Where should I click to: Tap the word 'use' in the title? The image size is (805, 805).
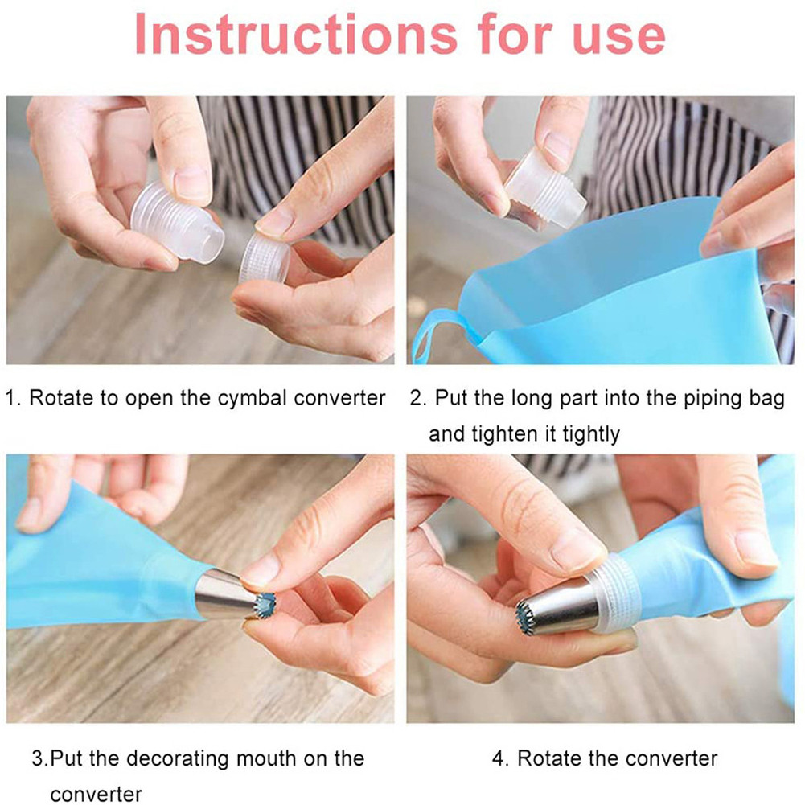(618, 39)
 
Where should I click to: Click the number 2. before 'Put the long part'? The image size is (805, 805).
(418, 398)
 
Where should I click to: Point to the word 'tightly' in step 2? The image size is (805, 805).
(591, 434)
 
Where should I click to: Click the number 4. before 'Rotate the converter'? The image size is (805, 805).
(500, 758)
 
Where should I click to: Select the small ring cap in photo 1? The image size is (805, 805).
(264, 258)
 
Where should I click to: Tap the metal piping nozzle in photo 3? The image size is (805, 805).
(229, 596)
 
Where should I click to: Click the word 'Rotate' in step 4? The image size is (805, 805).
(549, 758)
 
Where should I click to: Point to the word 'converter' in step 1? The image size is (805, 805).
(339, 398)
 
